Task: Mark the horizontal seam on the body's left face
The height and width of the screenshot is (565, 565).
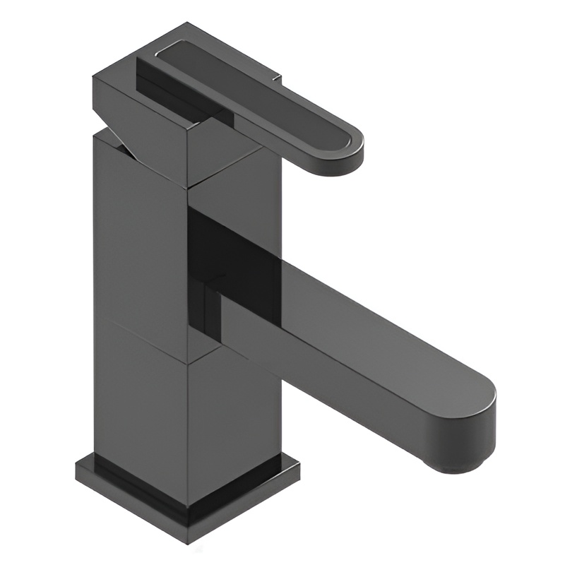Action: (x=141, y=339)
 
